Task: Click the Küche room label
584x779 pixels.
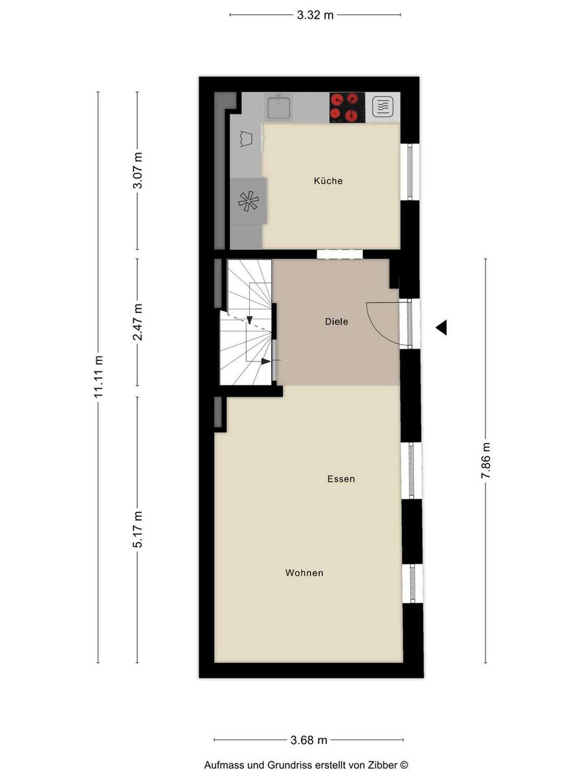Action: coord(328,181)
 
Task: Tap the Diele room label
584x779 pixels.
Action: coord(337,321)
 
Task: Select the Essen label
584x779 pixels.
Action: coord(341,479)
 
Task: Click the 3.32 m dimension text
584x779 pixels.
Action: coord(315,15)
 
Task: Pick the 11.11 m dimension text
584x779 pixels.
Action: coord(99,377)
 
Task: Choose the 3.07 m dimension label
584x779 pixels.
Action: coord(138,170)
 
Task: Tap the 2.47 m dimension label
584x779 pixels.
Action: coord(138,322)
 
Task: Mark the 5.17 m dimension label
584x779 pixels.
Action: coord(138,529)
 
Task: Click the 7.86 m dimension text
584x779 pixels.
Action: coord(485,460)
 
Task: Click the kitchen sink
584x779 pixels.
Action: coord(279,107)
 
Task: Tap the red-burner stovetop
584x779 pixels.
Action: coord(347,108)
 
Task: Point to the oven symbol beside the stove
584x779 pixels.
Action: coord(383,107)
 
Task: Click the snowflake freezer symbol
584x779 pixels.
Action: coord(249,202)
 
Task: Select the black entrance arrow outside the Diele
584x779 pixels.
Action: coord(441,327)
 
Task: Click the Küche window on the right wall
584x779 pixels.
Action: coord(410,172)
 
